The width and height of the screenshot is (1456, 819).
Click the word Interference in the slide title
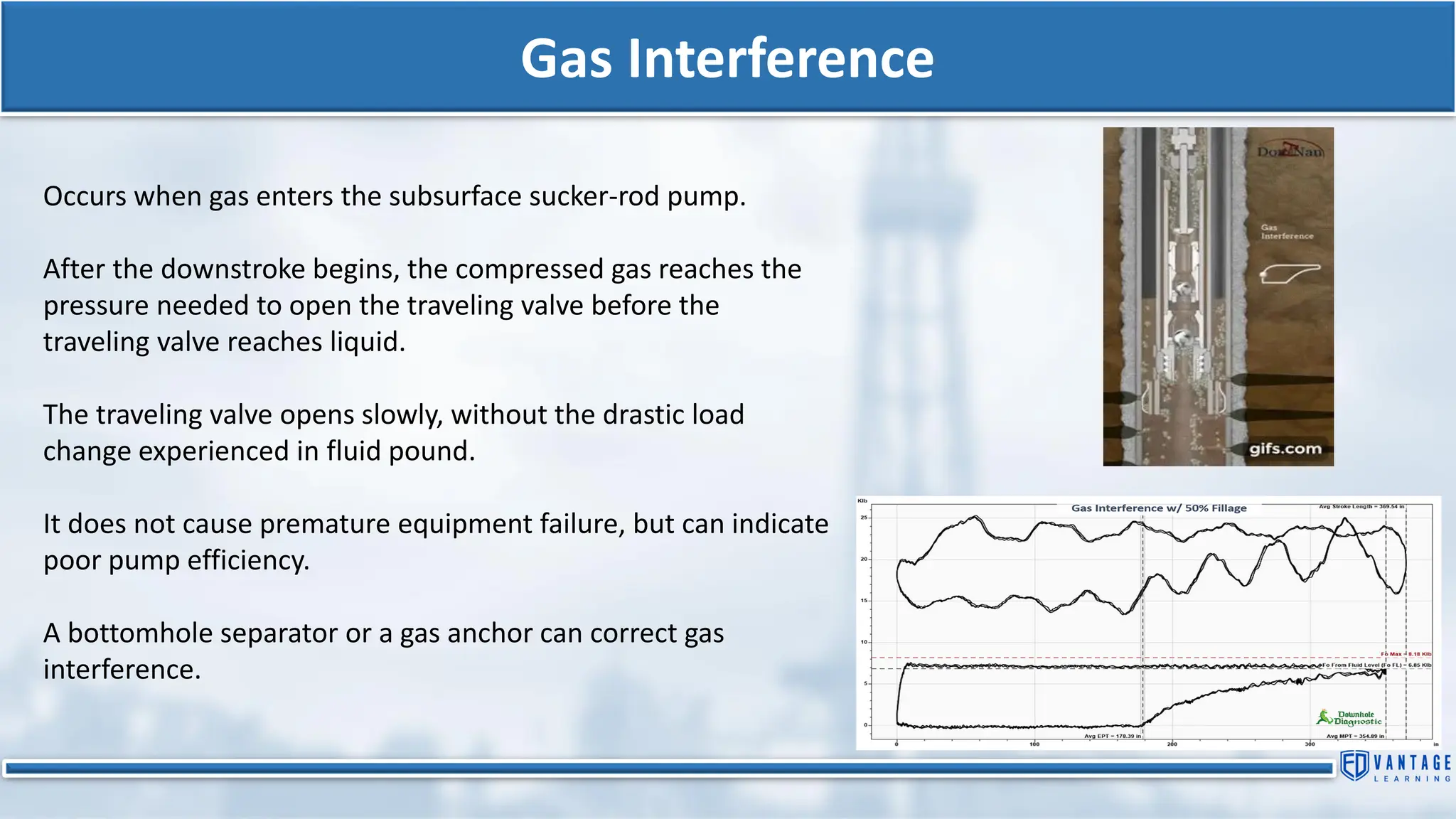pyautogui.click(x=780, y=58)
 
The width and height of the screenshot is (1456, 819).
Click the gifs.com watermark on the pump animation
pyautogui.click(x=1285, y=449)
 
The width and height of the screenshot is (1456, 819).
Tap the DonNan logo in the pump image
pyautogui.click(x=1290, y=151)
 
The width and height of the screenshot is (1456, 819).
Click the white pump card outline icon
pyautogui.click(x=1290, y=273)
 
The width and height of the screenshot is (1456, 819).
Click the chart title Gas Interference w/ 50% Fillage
pyautogui.click(x=1159, y=508)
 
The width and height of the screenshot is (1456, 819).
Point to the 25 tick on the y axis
pyautogui.click(x=864, y=518)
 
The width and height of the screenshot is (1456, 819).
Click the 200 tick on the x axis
pyautogui.click(x=1172, y=744)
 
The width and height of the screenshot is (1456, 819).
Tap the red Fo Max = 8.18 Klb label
pyautogui.click(x=1406, y=654)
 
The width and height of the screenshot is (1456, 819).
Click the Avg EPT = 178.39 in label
pyautogui.click(x=1112, y=737)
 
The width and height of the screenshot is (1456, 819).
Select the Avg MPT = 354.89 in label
pyautogui.click(x=1355, y=737)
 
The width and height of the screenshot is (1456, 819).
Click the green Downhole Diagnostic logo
pyautogui.click(x=1349, y=717)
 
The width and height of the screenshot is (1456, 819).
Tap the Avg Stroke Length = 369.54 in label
pyautogui.click(x=1361, y=507)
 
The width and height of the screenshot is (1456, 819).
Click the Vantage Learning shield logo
pyautogui.click(x=1354, y=766)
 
